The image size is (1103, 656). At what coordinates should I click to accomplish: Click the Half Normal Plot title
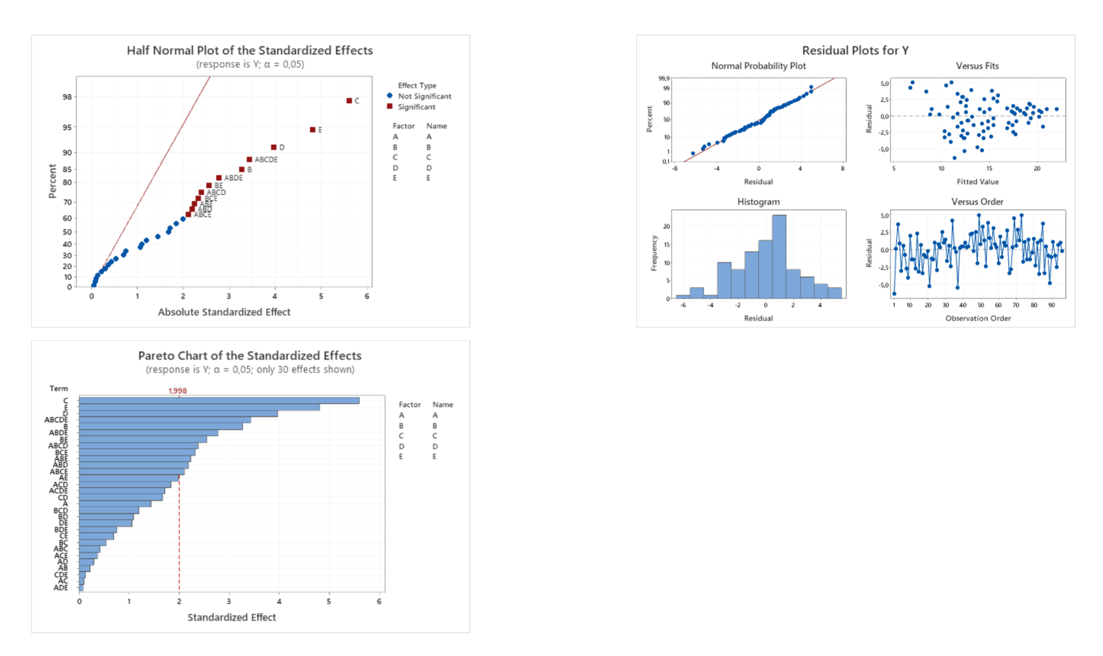click(x=249, y=50)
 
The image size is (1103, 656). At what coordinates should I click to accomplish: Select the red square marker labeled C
click(x=349, y=101)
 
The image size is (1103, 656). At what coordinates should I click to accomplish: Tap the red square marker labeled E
click(x=312, y=130)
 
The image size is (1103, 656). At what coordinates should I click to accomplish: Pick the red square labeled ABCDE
click(x=249, y=159)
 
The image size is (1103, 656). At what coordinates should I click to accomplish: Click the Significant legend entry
click(x=416, y=107)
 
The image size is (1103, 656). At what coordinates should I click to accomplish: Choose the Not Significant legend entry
click(x=424, y=96)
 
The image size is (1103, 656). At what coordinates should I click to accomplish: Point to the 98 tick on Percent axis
click(x=67, y=97)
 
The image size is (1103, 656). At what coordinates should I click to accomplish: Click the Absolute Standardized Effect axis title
click(x=224, y=312)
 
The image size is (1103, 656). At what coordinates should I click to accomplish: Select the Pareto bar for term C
click(x=219, y=401)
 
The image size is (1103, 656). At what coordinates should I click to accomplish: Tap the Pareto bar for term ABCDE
click(x=164, y=420)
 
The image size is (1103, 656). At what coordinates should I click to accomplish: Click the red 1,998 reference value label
click(x=177, y=390)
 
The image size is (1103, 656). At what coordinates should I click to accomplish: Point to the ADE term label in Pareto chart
click(x=61, y=588)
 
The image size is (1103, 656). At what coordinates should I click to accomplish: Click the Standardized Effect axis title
click(x=231, y=617)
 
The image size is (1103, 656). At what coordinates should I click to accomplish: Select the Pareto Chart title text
click(x=249, y=355)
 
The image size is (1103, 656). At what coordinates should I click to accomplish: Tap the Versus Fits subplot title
click(x=977, y=66)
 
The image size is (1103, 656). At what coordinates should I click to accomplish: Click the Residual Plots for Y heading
click(x=855, y=50)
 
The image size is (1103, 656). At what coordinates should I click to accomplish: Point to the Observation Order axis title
click(x=978, y=318)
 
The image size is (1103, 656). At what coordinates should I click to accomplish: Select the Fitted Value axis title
click(x=977, y=182)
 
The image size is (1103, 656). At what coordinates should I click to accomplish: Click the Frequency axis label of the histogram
click(x=654, y=253)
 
